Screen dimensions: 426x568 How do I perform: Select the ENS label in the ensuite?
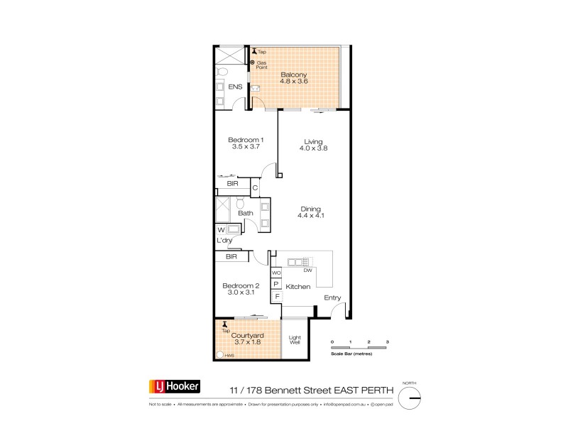(235, 87)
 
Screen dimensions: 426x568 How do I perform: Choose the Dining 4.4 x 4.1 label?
(311, 211)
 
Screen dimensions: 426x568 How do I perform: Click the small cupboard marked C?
(255, 188)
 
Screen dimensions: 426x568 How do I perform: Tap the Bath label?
(246, 213)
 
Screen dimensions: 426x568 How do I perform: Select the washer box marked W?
(221, 229)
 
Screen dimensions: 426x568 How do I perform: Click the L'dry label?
(225, 241)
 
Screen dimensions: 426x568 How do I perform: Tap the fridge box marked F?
(277, 295)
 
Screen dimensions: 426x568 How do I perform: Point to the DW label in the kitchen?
(307, 271)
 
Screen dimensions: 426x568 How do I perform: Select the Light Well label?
(294, 340)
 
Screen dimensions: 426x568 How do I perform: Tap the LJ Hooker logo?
(174, 387)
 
